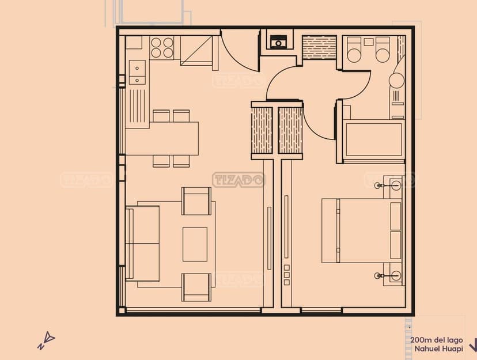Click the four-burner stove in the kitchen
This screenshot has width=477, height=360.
162,48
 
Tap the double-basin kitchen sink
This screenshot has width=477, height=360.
137,73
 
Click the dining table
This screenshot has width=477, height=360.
162,138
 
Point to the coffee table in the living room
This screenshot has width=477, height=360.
195,244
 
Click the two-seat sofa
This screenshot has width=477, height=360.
142,244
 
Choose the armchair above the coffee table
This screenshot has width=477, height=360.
196,201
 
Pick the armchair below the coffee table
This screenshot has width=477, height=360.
196,287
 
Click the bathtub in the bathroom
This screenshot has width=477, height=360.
374,140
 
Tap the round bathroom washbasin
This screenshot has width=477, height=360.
397,80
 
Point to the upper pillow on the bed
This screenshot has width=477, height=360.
396,216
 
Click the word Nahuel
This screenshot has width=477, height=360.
425,348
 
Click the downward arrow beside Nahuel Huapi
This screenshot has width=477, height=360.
474,344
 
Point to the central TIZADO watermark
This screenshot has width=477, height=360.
238,180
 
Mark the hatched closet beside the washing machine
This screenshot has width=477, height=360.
319,47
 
